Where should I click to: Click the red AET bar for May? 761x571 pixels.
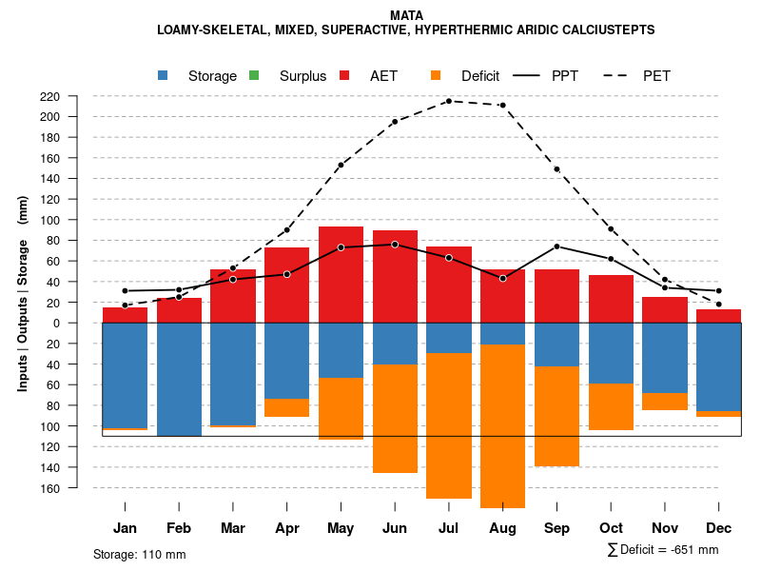pos(341,274)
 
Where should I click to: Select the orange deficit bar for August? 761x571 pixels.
pos(503,425)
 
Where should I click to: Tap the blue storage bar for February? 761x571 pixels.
pos(179,379)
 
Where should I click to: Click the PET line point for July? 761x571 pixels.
pos(449,101)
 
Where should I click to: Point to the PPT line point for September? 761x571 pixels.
pos(557,246)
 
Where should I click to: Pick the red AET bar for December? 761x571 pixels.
pos(718,316)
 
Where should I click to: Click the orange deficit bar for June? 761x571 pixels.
pos(395,419)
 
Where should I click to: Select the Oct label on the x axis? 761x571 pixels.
pos(612,528)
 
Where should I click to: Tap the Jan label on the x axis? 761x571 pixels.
pos(126,528)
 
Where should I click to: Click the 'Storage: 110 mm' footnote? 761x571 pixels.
pos(139,554)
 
